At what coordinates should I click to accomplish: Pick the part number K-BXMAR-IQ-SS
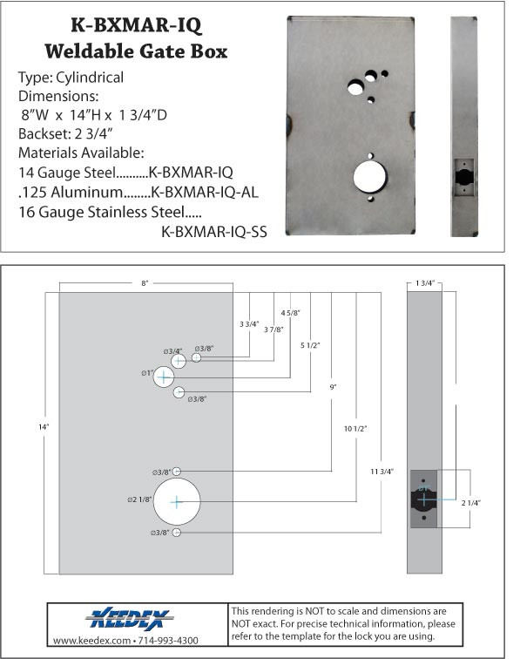pyautogui.click(x=213, y=231)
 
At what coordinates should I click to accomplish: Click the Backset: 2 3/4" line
pyautogui.click(x=71, y=133)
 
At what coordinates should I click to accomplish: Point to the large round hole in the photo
pyautogui.click(x=370, y=174)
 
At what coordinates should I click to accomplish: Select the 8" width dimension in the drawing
pyautogui.click(x=145, y=283)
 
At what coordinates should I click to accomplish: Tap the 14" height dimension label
pyautogui.click(x=43, y=426)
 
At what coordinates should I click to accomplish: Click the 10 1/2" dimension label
pyautogui.click(x=355, y=428)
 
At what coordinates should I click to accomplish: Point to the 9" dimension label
pyautogui.click(x=333, y=385)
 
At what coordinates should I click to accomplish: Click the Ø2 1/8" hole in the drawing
pyautogui.click(x=177, y=501)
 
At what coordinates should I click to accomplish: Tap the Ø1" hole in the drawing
pyautogui.click(x=164, y=377)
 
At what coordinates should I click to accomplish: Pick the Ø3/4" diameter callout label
pyautogui.click(x=174, y=350)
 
